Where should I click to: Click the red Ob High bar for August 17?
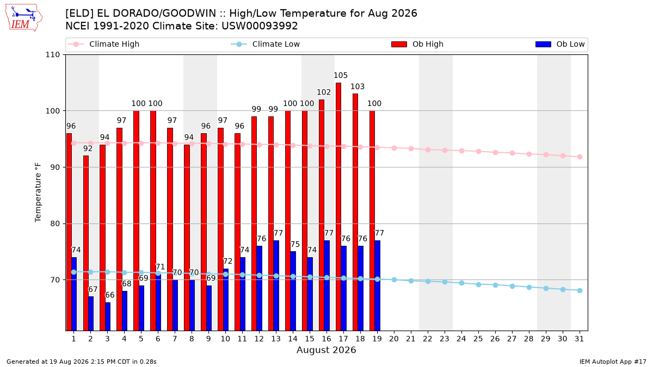338,207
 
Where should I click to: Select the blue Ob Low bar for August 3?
108,316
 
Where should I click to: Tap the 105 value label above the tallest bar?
341,76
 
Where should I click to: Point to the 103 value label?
358,86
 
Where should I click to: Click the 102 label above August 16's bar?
324,92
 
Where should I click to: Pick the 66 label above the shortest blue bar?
109,295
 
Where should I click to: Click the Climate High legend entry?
103,44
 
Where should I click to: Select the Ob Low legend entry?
560,44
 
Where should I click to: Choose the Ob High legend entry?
417,44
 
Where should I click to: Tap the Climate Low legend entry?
266,44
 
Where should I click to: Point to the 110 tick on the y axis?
52,55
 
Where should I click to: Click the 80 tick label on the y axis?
55,223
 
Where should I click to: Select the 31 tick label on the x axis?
579,339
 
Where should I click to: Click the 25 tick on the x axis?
478,339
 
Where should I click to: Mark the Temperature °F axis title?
38,192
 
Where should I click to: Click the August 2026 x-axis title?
326,350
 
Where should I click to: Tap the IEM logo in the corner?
23,18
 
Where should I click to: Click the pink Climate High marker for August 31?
580,157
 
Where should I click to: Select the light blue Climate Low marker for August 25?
478,284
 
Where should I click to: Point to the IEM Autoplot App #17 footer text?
613,362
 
